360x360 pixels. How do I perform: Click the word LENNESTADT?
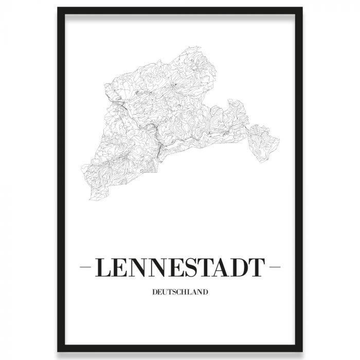[179, 268]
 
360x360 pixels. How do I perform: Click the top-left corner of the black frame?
[58, 9]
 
